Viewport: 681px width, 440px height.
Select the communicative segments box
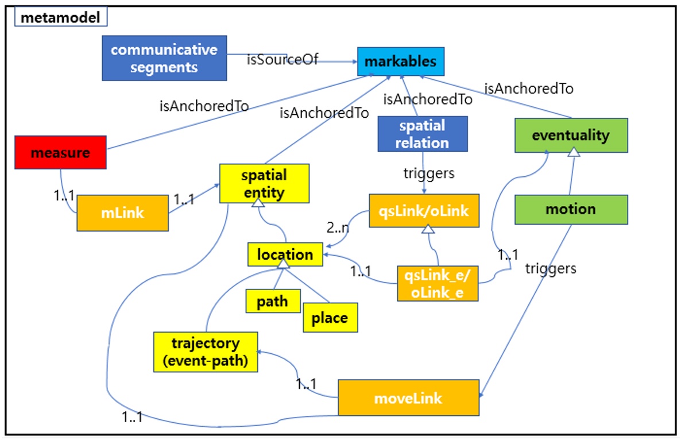coord(164,58)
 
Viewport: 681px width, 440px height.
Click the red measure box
coord(60,153)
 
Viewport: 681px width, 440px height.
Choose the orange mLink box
coord(122,213)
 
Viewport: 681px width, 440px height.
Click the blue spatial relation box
coord(422,134)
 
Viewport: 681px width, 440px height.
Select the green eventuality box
coord(571,136)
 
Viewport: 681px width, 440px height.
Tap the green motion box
coord(571,209)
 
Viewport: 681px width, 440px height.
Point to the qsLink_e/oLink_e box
coord(438,283)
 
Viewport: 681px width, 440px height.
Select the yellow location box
coord(285,254)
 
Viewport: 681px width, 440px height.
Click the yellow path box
coord(273,301)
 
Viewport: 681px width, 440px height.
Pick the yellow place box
coord(330,318)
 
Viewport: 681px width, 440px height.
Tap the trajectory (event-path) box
coord(205,352)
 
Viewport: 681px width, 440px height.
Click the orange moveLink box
coord(408,397)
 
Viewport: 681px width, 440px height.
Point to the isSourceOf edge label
coord(282,60)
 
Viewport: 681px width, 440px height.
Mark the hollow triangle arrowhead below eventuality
coord(573,152)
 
